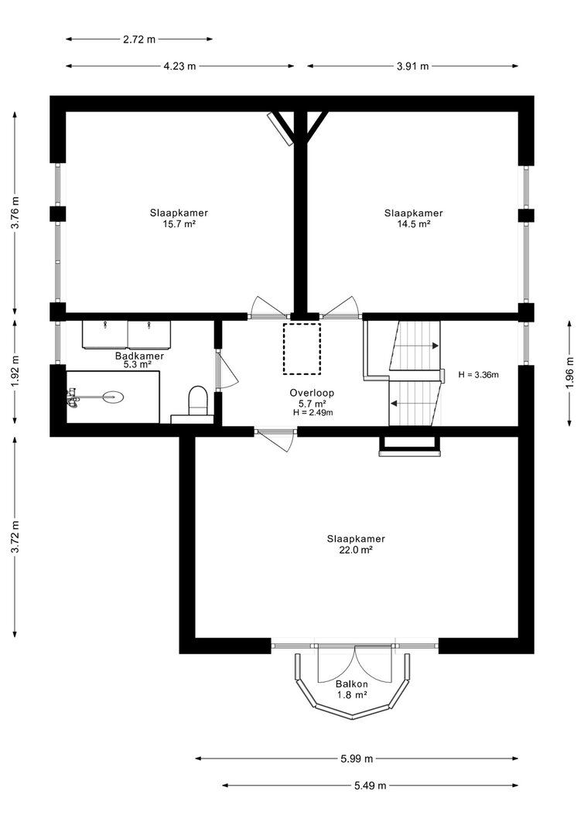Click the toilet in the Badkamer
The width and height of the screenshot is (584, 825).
pyautogui.click(x=198, y=400)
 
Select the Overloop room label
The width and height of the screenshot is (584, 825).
pyautogui.click(x=312, y=393)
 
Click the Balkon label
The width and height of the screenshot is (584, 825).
pyautogui.click(x=351, y=684)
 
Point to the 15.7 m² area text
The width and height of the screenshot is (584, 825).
pyautogui.click(x=179, y=223)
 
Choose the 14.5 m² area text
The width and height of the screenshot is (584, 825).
pyautogui.click(x=414, y=223)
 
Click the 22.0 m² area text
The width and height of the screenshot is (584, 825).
pyautogui.click(x=356, y=550)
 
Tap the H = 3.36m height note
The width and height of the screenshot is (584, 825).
pyautogui.click(x=478, y=375)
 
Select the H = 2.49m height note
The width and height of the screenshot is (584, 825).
pyautogui.click(x=312, y=413)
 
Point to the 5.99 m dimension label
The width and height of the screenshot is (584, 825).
pyautogui.click(x=357, y=759)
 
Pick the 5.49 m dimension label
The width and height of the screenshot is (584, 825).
pyautogui.click(x=370, y=786)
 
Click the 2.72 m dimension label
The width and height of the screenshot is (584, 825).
pyautogui.click(x=139, y=39)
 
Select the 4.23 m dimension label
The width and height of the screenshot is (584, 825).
pyautogui.click(x=179, y=66)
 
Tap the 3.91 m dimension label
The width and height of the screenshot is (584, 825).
pyautogui.click(x=412, y=66)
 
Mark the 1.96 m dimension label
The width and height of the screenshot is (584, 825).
pyautogui.click(x=570, y=373)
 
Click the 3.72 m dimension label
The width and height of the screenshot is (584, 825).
pyautogui.click(x=15, y=537)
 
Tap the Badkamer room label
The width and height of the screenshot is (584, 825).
pyautogui.click(x=139, y=356)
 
